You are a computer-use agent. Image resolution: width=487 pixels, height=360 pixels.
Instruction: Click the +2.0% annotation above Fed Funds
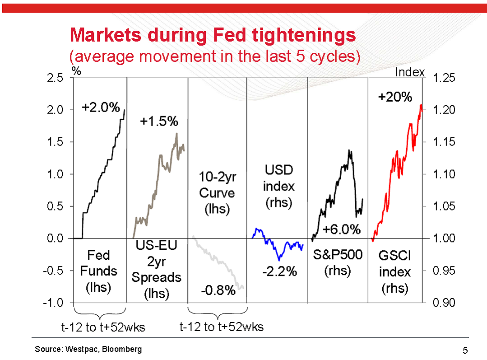click(101, 108)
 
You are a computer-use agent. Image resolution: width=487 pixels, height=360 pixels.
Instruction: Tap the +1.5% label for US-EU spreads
click(159, 122)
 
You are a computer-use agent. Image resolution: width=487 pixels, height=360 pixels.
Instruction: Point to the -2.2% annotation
click(280, 271)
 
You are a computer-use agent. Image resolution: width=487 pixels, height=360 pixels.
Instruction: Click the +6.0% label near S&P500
click(342, 229)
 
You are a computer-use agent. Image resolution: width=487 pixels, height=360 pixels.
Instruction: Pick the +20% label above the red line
click(395, 97)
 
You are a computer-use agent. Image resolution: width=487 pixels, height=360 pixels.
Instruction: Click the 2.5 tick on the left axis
click(56, 78)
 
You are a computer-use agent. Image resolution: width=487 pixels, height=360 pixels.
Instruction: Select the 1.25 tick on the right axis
click(444, 78)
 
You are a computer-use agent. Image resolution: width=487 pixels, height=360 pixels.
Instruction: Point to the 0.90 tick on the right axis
click(444, 303)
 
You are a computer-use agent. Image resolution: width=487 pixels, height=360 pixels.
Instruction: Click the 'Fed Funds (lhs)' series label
click(98, 271)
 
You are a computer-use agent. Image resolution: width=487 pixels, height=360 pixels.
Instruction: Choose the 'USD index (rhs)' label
click(278, 187)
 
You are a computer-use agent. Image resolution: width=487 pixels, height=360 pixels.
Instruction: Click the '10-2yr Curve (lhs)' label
click(217, 193)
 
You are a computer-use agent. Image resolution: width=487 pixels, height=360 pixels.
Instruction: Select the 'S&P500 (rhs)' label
click(338, 262)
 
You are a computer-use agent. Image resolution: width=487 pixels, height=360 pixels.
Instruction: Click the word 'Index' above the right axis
click(410, 72)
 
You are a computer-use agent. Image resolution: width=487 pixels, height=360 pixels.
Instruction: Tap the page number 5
click(465, 350)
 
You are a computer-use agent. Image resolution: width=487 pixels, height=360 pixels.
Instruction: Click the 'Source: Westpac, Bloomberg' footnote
click(88, 349)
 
